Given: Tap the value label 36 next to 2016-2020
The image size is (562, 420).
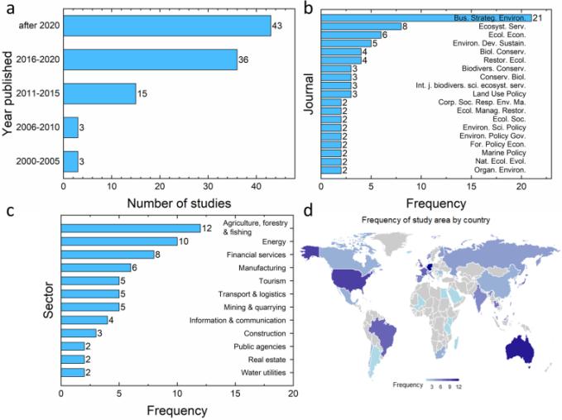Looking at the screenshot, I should (244, 60).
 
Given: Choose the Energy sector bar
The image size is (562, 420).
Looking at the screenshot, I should (119, 241).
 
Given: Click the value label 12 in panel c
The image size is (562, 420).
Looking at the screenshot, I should (207, 228).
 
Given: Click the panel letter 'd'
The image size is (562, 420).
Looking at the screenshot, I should (307, 211).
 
